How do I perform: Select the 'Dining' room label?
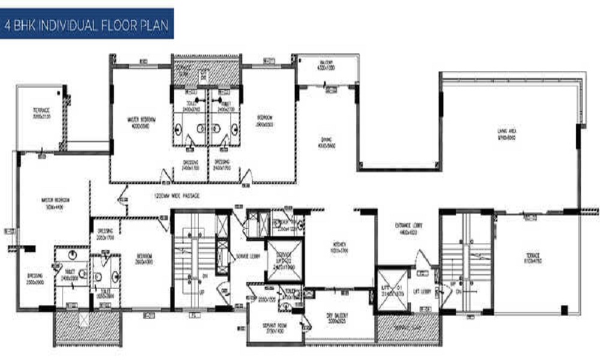click(x=326, y=142)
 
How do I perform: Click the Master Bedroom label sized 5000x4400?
click(x=56, y=202)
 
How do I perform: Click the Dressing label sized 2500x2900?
click(x=35, y=279)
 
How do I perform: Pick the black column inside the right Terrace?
click(x=564, y=310)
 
